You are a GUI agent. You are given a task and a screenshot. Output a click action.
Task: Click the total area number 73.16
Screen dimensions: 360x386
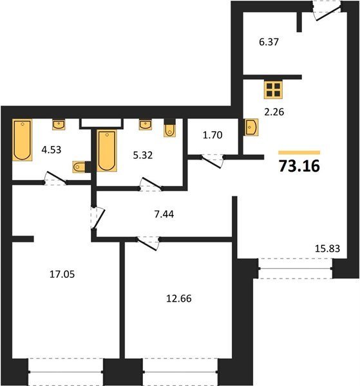point(299,166)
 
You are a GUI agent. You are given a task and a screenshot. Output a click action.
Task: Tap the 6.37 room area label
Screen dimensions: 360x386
point(269,42)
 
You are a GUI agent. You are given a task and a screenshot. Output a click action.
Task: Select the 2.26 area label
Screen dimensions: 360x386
point(274,112)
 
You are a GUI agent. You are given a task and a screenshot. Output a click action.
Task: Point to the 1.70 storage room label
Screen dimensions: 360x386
point(213,135)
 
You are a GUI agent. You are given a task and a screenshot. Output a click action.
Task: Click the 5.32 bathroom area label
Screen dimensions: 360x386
point(143,155)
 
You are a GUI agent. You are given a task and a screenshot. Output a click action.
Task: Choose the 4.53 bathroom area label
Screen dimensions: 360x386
point(52,150)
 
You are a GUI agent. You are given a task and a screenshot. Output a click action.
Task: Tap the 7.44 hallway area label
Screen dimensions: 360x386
point(164,214)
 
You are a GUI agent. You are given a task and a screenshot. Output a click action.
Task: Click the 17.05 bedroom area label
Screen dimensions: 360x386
point(62,274)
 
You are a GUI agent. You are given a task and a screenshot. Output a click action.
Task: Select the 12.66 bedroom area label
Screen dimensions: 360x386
point(179,299)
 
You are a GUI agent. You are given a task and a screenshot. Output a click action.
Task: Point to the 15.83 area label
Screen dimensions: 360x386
point(327,248)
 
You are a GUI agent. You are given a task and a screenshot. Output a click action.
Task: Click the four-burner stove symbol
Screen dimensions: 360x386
point(273,90)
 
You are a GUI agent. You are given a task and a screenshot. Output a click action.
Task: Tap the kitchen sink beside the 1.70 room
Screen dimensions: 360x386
point(251,127)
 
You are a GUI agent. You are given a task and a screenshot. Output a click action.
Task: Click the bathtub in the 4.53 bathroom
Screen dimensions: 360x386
point(22,140)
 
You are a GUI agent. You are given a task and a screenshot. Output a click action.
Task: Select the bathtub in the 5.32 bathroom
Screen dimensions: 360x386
point(107,151)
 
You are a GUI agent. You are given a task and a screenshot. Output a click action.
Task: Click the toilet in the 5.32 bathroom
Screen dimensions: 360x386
point(170,128)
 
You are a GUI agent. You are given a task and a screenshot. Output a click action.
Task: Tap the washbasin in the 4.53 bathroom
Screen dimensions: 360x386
point(59,125)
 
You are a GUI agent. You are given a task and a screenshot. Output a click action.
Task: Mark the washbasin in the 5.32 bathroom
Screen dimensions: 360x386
point(146,125)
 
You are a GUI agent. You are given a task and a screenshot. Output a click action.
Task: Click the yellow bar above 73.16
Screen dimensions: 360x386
point(299,152)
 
